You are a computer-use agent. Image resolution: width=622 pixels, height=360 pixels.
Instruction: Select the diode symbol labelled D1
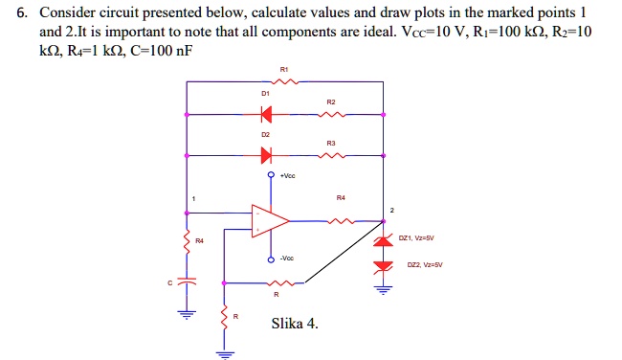[265, 115]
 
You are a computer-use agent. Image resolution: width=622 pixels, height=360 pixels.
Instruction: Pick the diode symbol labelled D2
[265, 153]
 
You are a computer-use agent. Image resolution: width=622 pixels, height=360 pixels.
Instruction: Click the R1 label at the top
[284, 70]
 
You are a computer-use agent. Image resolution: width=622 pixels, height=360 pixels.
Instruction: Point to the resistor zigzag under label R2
[331, 115]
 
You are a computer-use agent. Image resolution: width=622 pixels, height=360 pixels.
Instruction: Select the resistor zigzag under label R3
[331, 153]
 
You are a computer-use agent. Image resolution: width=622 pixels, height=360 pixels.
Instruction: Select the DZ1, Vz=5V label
[420, 238]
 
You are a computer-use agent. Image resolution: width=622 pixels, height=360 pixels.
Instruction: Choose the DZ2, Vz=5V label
[422, 265]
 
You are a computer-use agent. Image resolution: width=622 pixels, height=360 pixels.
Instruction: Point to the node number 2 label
[391, 210]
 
